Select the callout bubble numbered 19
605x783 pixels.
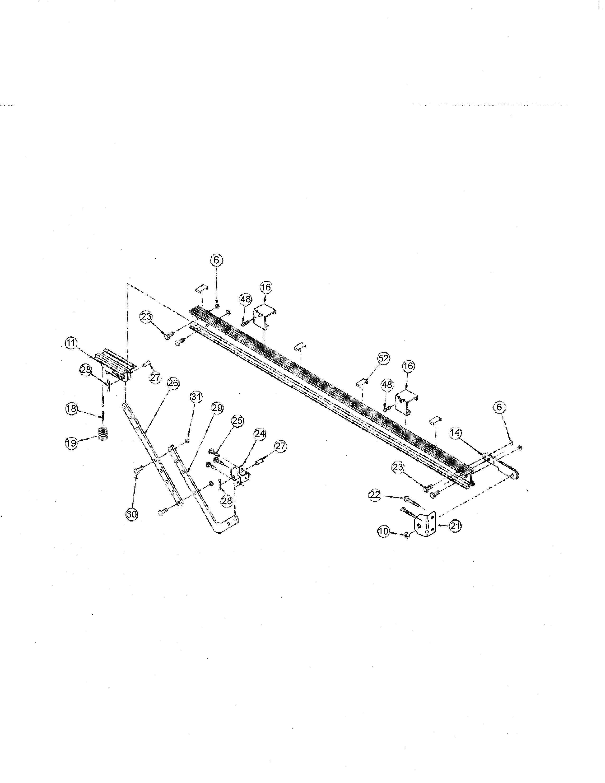coord(71,443)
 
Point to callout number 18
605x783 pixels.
coord(71,409)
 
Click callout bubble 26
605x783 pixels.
coord(173,383)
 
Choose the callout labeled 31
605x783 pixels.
coord(196,397)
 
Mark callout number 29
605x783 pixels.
coord(217,408)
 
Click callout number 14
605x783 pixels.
coord(455,433)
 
